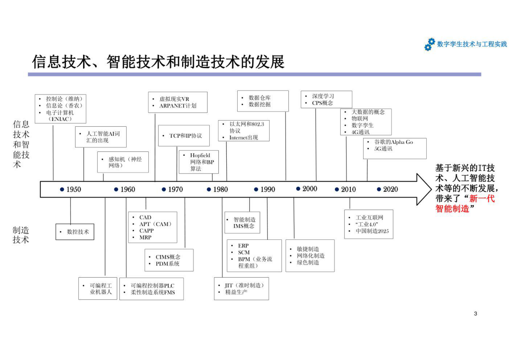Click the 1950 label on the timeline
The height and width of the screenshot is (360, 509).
[74, 189]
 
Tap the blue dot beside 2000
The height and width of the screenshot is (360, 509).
[298, 189]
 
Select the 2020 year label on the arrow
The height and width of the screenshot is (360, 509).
[390, 189]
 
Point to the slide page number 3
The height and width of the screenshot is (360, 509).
[475, 313]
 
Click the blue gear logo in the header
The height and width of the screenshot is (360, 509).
[429, 45]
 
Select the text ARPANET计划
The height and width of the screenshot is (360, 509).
[178, 106]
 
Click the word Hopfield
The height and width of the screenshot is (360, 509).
[200, 155]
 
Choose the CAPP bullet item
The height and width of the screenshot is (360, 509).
[146, 231]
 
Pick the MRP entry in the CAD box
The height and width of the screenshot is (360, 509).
[145, 237]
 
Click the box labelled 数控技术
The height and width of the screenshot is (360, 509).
[75, 232]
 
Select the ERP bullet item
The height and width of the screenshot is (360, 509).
[243, 245]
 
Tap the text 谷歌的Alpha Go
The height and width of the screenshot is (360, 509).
[394, 142]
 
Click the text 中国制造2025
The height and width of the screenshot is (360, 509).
[372, 231]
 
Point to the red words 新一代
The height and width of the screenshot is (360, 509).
[482, 199]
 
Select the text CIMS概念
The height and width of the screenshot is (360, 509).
[168, 257]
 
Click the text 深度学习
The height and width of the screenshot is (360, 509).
[323, 96]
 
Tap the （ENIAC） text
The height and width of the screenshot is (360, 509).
[60, 119]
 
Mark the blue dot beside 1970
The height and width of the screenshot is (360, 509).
[164, 189]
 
